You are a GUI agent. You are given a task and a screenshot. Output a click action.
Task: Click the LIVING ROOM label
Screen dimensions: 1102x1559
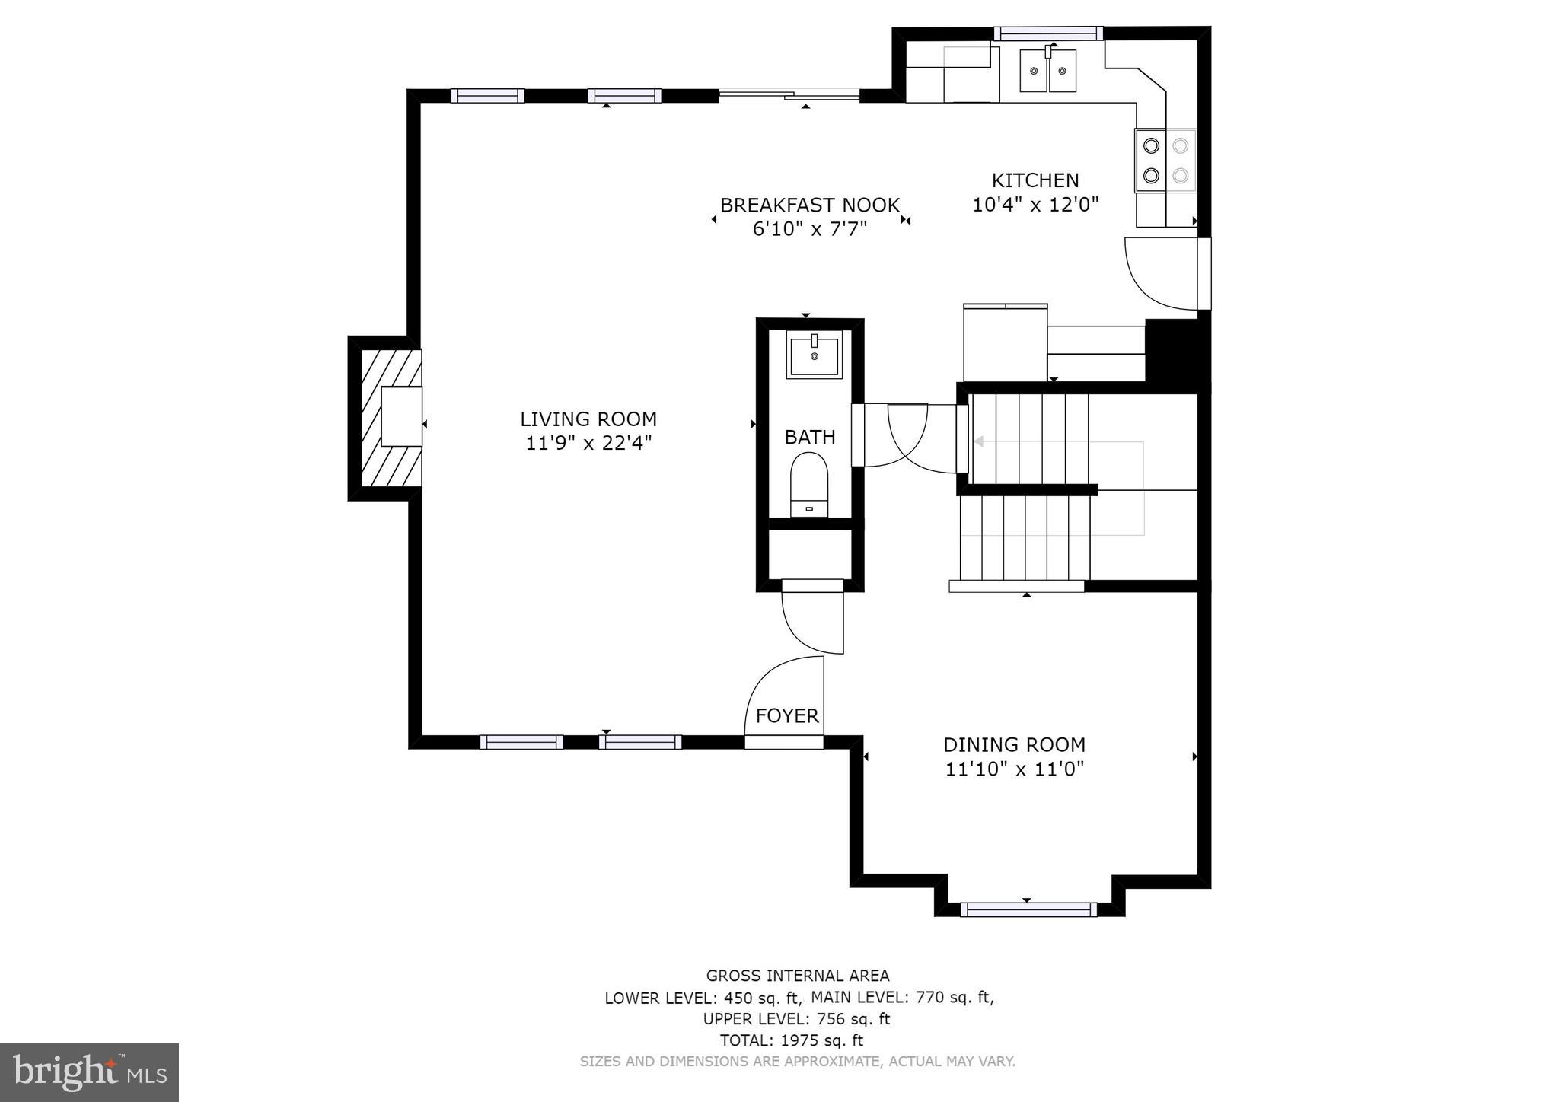pyautogui.click(x=588, y=419)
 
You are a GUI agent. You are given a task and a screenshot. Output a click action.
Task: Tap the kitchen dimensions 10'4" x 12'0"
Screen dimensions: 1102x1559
pyautogui.click(x=1035, y=205)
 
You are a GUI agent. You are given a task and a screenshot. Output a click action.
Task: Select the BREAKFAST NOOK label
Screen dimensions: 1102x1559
pyautogui.click(x=810, y=205)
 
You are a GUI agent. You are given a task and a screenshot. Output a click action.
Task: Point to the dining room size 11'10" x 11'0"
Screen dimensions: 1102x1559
pyautogui.click(x=1014, y=769)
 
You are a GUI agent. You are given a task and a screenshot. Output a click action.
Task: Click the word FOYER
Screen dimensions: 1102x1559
pyautogui.click(x=787, y=716)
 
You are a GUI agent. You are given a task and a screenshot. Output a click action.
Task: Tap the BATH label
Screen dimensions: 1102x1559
pyautogui.click(x=810, y=438)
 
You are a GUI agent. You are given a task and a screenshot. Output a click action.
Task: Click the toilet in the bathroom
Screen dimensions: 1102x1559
pyautogui.click(x=809, y=484)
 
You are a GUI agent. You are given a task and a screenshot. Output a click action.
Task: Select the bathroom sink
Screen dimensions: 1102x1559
pyautogui.click(x=815, y=356)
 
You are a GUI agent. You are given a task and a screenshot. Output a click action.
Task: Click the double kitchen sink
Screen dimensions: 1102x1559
pyautogui.click(x=1048, y=71)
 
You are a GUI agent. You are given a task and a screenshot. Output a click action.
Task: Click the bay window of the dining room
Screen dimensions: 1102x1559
pyautogui.click(x=1028, y=909)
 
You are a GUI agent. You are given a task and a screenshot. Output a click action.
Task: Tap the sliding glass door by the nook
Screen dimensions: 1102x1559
pyautogui.click(x=789, y=95)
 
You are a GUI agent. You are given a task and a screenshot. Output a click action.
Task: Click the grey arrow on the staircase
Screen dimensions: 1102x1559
pyautogui.click(x=979, y=441)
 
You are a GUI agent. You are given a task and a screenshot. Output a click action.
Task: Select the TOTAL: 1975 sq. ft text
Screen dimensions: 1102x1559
pyautogui.click(x=792, y=1040)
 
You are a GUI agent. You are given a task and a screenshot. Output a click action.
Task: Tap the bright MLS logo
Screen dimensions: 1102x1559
pyautogui.click(x=90, y=1072)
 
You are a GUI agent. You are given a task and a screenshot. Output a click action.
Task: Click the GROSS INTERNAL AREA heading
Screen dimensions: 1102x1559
pyautogui.click(x=797, y=976)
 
